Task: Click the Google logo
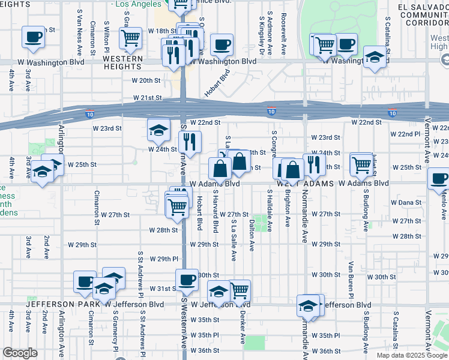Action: [20, 353]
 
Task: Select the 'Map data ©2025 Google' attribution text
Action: [412, 355]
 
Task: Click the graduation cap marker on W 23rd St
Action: [158, 129]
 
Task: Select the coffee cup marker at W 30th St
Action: [187, 279]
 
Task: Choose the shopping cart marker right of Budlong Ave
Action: [361, 163]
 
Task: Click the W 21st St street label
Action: [148, 97]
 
